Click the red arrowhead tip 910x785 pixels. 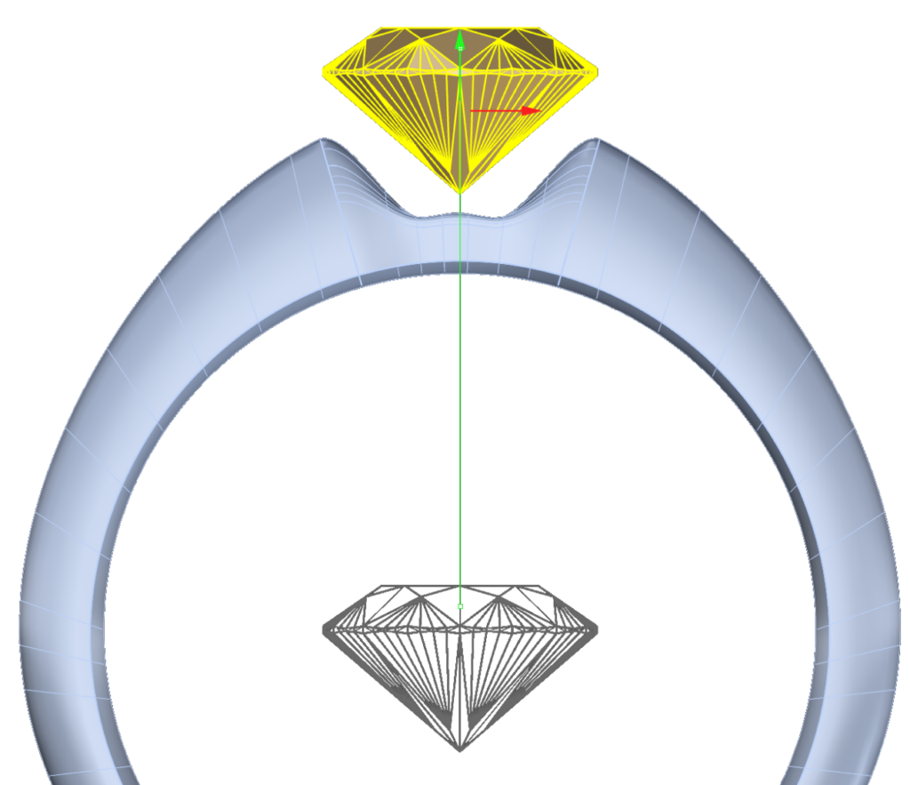539,110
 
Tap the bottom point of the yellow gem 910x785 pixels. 459,192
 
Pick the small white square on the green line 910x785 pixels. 459,606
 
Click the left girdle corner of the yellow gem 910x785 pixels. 323,71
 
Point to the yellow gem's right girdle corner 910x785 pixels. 596,71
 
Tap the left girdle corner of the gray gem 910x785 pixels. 323,629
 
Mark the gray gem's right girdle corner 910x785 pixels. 596,629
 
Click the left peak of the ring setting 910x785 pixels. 323,140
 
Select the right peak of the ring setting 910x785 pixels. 596,140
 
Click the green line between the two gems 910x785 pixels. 459,400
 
